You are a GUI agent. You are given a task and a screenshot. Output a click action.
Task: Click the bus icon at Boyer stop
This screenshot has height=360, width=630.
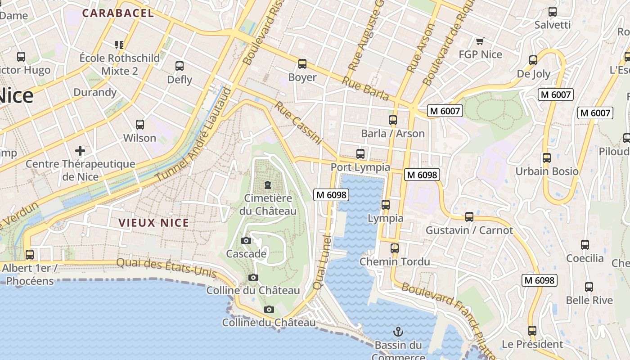pos(302,64)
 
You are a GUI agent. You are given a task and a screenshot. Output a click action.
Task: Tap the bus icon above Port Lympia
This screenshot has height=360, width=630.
pos(360,154)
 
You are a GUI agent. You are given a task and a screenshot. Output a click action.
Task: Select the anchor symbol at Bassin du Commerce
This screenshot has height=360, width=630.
pos(398,332)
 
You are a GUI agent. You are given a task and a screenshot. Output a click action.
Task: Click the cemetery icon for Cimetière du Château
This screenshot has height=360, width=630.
pos(268,185)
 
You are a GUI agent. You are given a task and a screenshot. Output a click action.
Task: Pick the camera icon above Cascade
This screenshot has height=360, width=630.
pos(246,241)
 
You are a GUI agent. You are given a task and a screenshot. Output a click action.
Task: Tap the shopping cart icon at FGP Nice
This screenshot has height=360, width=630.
pos(480,41)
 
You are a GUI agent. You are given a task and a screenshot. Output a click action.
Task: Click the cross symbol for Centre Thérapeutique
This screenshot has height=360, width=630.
pos(80,150)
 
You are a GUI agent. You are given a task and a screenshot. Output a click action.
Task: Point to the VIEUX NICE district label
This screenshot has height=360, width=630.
pos(154,222)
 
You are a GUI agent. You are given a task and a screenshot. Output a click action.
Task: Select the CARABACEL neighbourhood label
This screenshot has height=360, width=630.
pos(118,13)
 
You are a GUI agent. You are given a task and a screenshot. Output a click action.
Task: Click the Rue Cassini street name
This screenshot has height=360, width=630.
pos(299,123)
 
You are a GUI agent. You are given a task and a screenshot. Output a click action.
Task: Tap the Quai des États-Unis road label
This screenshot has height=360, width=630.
pos(166,268)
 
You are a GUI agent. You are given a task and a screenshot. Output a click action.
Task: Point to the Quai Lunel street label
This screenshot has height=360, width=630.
pos(323,262)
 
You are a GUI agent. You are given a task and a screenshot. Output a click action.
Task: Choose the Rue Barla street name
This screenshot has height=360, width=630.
pos(365,89)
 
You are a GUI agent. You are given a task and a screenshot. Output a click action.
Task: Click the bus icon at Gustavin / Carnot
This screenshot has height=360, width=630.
pos(469,217)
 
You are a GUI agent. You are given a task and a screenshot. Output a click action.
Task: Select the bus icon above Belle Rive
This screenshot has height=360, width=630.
pos(589,287)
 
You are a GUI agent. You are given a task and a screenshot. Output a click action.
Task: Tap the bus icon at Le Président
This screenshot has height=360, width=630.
pos(532,331)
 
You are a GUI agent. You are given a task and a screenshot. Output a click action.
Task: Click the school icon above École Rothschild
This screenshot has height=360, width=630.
pos(119,45)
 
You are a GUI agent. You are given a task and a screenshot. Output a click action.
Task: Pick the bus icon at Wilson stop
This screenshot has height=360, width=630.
pos(140,125)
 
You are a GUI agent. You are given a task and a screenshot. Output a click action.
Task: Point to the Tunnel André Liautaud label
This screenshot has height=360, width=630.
pos(194,135)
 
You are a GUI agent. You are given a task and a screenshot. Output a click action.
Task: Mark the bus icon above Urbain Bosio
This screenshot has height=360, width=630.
pos(546,158)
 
